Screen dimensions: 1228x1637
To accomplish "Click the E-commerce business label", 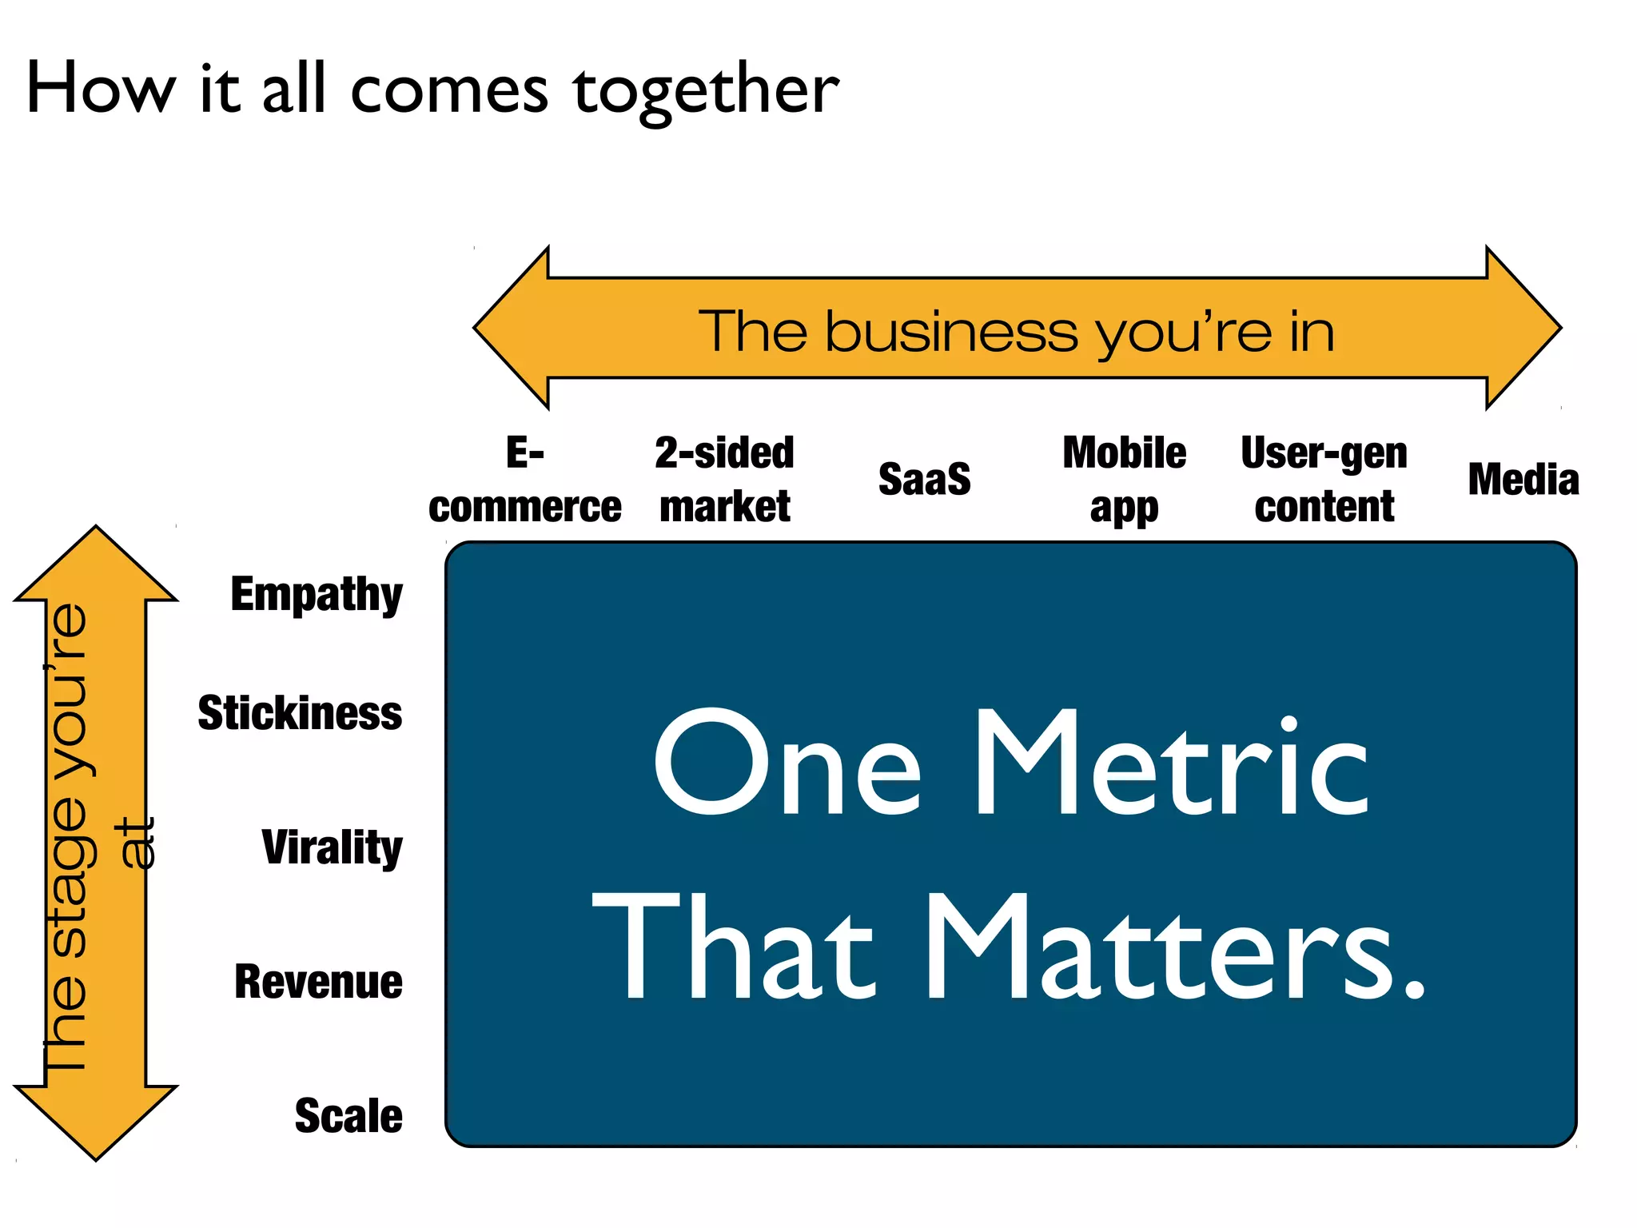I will [x=524, y=480].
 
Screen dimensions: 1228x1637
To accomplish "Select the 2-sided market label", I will [x=724, y=480].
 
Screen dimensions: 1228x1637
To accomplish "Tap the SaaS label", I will [x=924, y=480].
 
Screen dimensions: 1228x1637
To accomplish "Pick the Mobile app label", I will [x=1124, y=480].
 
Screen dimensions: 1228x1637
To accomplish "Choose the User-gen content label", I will [x=1324, y=480].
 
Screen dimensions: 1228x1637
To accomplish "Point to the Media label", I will [x=1523, y=480].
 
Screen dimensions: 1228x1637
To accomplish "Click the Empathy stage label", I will [x=317, y=595].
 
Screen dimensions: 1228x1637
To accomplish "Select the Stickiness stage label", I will [x=300, y=713].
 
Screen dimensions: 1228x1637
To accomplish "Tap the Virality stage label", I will [x=332, y=847].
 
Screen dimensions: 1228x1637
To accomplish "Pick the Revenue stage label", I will [x=318, y=982].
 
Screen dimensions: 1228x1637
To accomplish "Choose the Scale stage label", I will [x=349, y=1116].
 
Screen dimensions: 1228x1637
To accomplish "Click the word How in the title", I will [x=100, y=88].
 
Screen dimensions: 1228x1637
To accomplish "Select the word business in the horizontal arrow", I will [x=951, y=331].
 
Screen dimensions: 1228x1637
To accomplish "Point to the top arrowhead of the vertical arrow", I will [x=96, y=564].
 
